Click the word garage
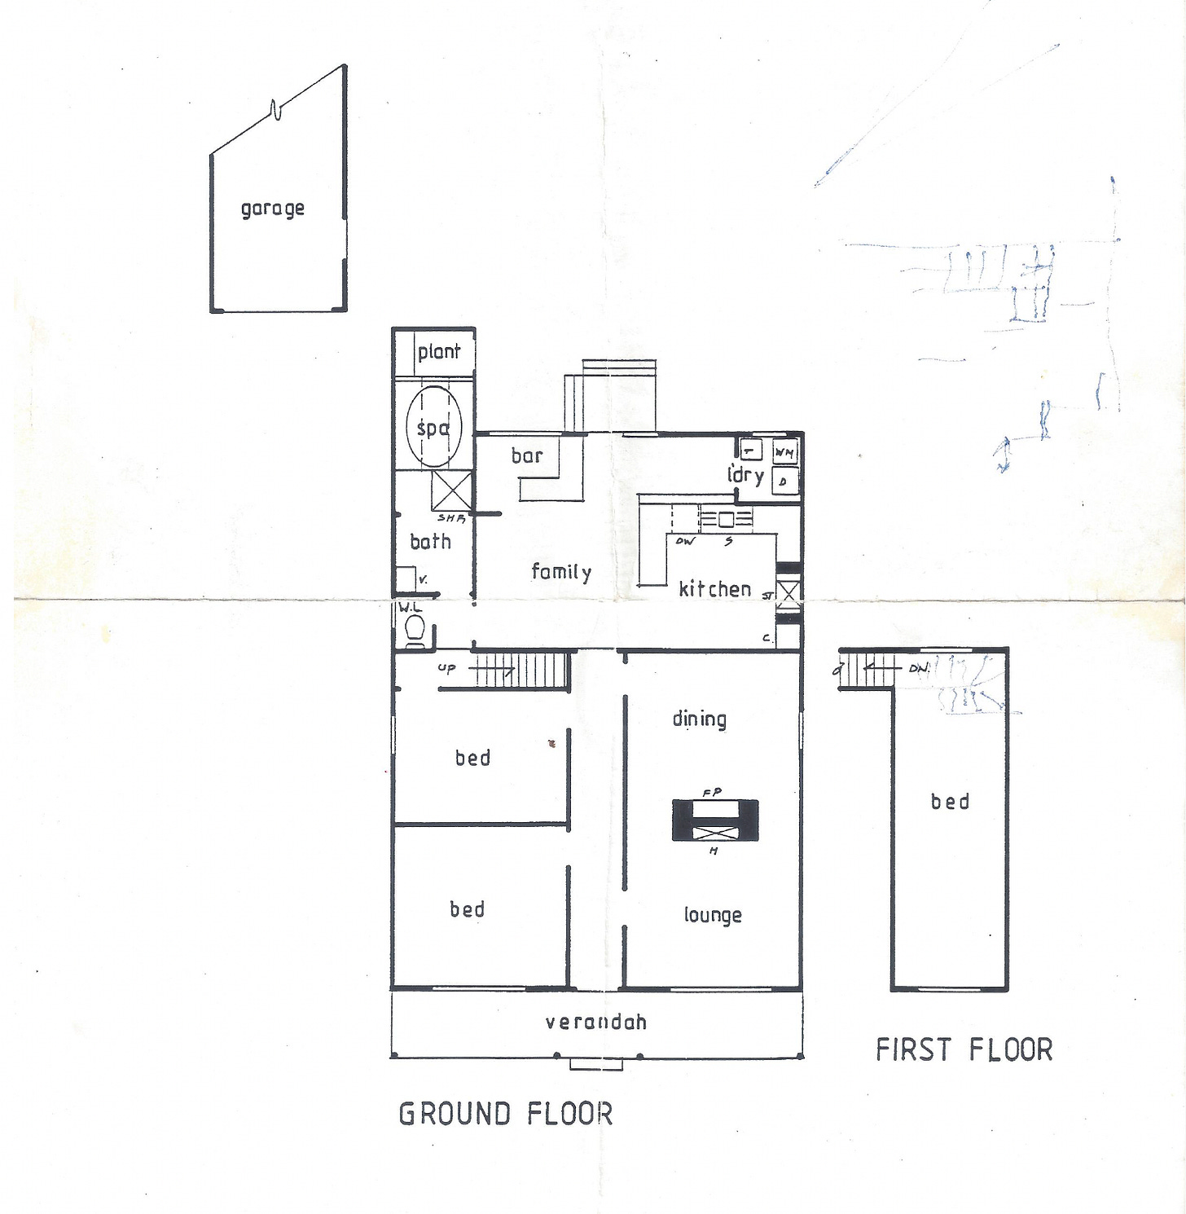(x=272, y=209)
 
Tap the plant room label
(x=438, y=352)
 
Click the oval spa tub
(x=433, y=426)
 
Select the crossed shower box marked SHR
(x=450, y=490)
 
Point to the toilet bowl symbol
(x=415, y=629)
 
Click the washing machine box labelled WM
(x=784, y=451)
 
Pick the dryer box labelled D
(x=784, y=482)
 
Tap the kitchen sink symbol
(x=725, y=518)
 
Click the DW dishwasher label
(x=686, y=541)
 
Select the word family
(x=560, y=571)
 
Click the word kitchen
(x=714, y=588)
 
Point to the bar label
(x=526, y=455)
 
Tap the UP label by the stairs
(x=446, y=669)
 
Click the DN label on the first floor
(x=918, y=668)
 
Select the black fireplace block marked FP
(x=715, y=820)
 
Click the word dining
(x=699, y=719)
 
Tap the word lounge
(x=712, y=915)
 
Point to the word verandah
(x=595, y=1022)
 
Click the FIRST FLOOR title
(x=964, y=1049)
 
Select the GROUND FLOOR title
(x=505, y=1113)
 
